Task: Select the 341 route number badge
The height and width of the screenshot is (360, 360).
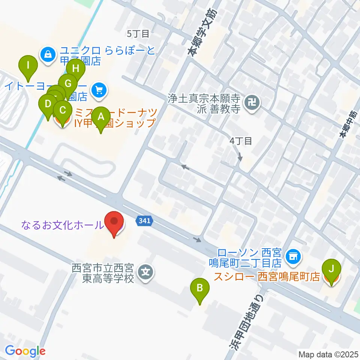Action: [144, 221]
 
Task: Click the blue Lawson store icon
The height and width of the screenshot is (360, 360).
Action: [292, 257]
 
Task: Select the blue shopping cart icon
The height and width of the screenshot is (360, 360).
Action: [99, 90]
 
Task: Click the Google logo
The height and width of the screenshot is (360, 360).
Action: [25, 351]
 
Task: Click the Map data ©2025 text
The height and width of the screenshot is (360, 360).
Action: [328, 354]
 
